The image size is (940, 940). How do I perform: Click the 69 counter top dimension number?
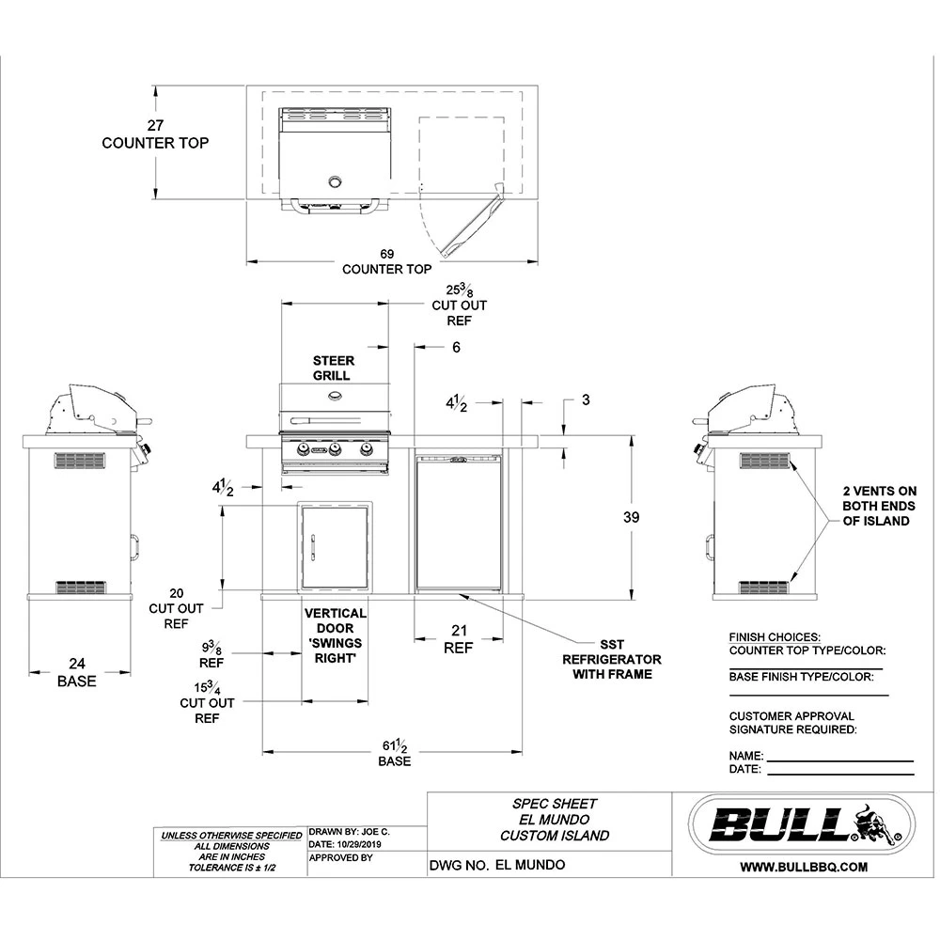tap(386, 254)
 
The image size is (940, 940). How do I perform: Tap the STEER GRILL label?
tap(333, 368)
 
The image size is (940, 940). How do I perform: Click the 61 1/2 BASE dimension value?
tap(395, 747)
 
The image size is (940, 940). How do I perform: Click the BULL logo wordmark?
tap(780, 825)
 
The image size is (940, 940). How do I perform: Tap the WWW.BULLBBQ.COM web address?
tap(803, 868)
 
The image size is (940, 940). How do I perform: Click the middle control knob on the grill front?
tap(336, 450)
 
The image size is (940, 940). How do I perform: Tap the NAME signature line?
tap(839, 756)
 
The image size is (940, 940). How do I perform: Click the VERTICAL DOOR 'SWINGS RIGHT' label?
tap(336, 636)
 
